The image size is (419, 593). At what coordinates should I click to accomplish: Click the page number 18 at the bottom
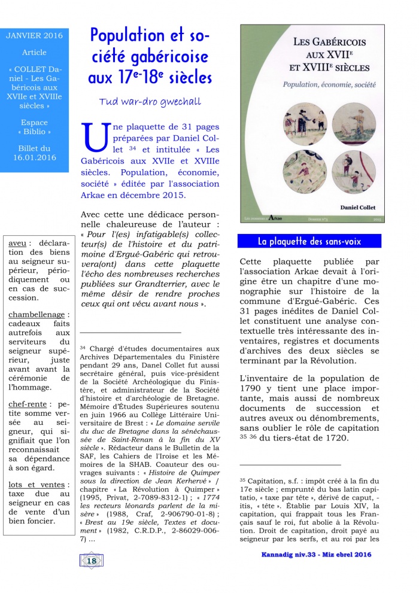92,561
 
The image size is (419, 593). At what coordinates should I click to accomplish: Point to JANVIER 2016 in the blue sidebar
35,36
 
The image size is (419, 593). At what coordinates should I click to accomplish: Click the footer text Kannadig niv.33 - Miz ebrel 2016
316,554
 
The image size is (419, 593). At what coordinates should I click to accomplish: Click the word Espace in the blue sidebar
34,122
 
